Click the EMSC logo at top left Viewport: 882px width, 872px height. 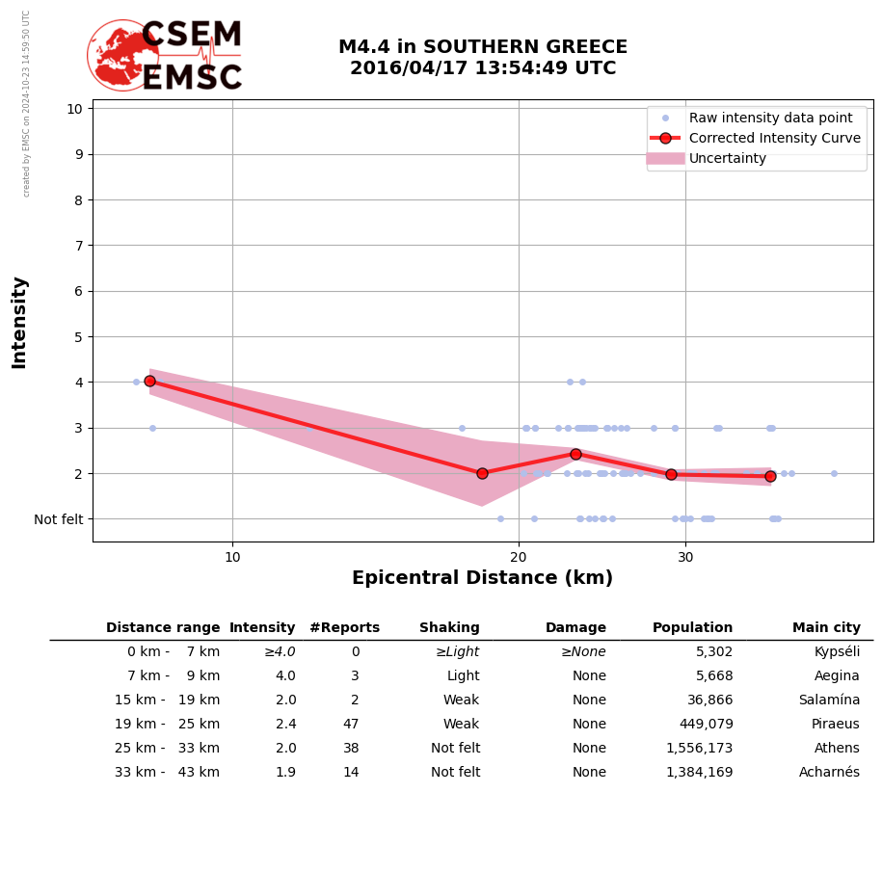165,56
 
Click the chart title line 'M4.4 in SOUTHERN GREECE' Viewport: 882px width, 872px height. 482,47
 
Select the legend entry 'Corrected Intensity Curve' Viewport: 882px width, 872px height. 774,138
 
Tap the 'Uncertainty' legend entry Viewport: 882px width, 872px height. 727,158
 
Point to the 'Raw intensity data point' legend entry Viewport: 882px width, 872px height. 770,118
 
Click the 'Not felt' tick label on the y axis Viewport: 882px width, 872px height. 59,519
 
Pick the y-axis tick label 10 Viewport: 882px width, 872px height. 74,108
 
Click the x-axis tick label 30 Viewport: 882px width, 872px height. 685,556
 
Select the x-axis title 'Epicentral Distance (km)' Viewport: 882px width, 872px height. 482,578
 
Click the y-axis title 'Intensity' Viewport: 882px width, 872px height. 19,322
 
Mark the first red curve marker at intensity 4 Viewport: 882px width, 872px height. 149,381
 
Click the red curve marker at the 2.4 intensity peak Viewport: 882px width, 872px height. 575,454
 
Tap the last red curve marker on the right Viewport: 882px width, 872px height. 770,476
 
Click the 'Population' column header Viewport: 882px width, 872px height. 692,628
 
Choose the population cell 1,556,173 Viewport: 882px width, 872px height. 699,749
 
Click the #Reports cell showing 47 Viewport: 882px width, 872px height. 351,725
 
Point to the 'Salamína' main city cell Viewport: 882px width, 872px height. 829,700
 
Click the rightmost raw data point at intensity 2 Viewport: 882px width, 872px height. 834,473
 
